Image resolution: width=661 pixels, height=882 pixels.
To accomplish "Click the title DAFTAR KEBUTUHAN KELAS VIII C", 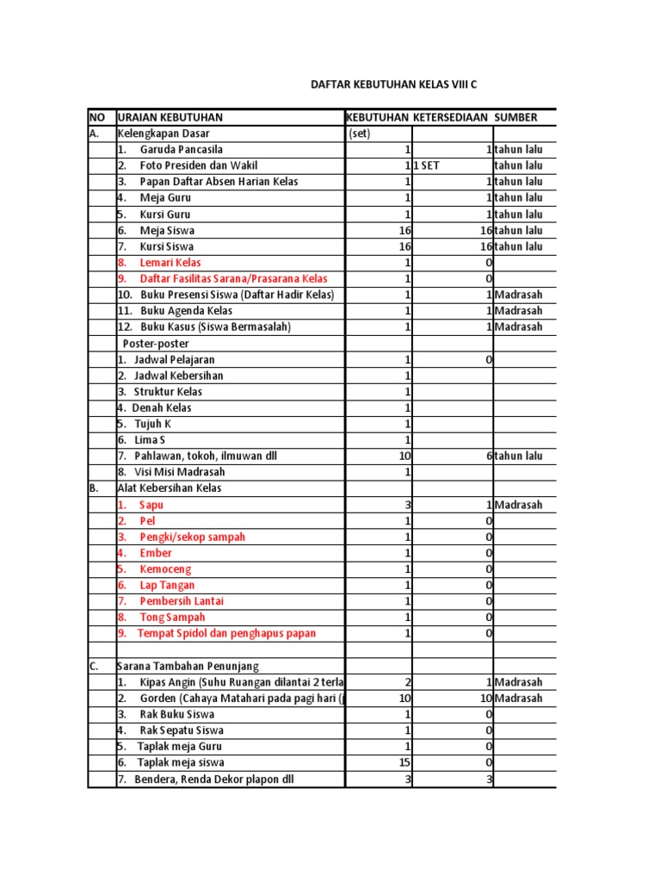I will (x=392, y=86).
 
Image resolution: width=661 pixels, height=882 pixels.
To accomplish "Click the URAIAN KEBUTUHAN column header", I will (x=170, y=117).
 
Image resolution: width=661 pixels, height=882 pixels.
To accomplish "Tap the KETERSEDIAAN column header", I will (x=451, y=117).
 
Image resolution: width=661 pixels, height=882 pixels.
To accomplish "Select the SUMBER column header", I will (x=521, y=117).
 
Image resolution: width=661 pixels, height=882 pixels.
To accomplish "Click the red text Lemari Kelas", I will (x=170, y=263).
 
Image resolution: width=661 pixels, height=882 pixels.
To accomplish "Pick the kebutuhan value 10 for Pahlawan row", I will (x=405, y=456).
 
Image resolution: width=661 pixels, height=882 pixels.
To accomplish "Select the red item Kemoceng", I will (x=165, y=569).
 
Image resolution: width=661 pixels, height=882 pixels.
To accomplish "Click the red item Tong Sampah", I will (x=172, y=618).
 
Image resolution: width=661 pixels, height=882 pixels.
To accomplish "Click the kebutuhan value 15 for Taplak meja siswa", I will (x=405, y=762).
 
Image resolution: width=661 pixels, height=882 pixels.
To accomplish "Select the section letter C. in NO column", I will (x=94, y=666).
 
